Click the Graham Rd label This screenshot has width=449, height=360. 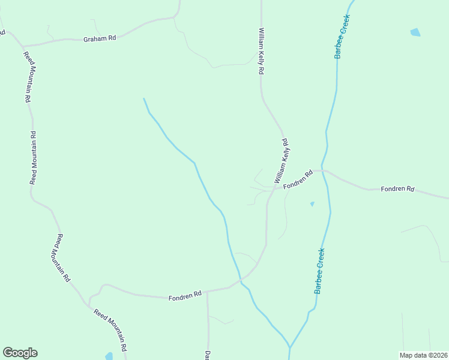point(100,38)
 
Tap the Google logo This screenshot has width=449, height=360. point(20,353)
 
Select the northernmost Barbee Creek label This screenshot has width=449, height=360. point(342,37)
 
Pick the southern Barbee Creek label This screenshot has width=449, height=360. point(319,271)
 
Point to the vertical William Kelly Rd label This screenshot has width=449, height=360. point(261,51)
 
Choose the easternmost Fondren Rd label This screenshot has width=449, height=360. point(398,189)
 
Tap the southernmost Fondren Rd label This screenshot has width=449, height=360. point(184,296)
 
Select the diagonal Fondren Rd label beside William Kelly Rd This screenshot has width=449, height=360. point(298,180)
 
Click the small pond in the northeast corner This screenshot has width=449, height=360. point(415,32)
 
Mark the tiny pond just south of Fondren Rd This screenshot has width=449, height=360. point(312,204)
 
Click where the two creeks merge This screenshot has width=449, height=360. point(289,347)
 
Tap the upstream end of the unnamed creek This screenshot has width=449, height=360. point(143,98)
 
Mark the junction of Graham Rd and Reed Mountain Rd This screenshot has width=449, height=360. point(23,46)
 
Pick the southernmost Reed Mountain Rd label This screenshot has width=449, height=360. point(110,330)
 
